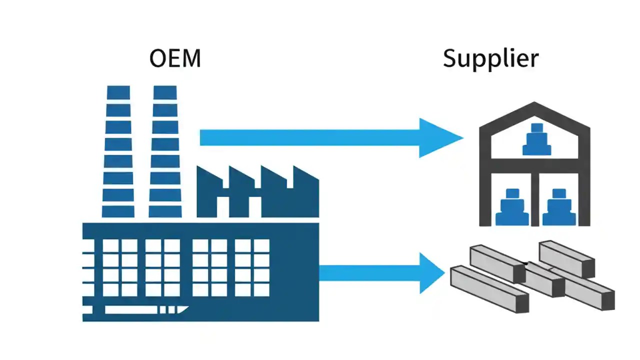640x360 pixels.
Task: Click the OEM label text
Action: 175,59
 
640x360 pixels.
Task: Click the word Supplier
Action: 490,59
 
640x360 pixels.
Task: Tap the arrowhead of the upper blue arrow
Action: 440,137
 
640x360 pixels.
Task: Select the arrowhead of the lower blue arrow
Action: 431,273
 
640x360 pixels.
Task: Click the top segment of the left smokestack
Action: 118,92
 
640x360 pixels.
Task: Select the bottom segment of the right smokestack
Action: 165,211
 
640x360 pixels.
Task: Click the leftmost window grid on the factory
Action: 120,267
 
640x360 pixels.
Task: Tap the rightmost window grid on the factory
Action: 252,267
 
